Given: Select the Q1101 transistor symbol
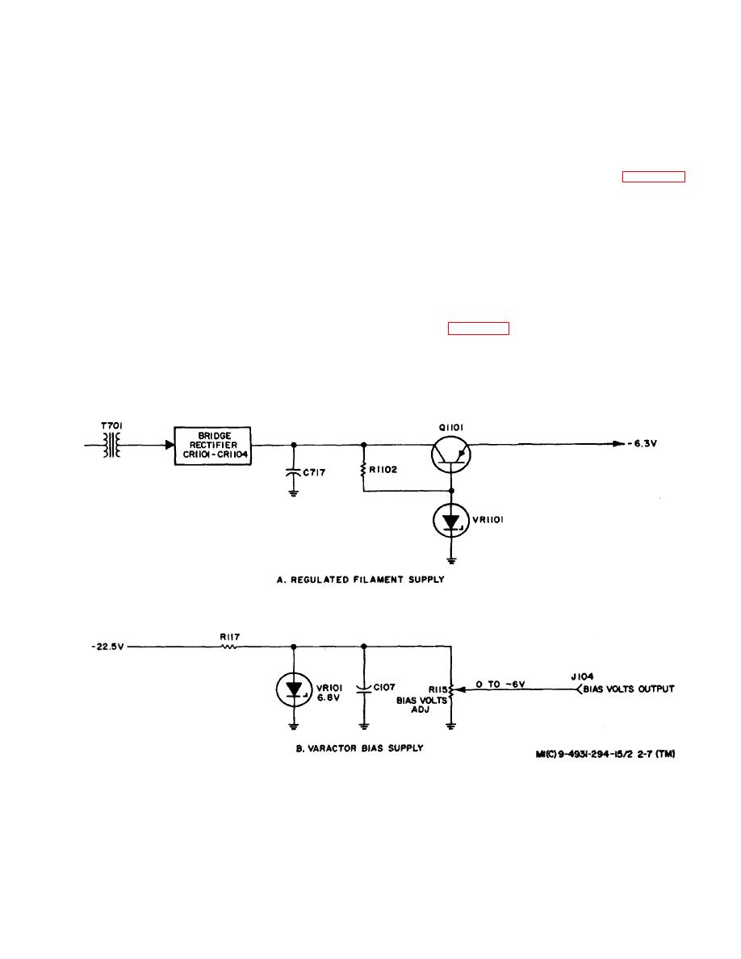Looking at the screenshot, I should coord(450,455).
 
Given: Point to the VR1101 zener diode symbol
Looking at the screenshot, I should coord(450,522).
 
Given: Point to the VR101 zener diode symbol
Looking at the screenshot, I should coord(294,689).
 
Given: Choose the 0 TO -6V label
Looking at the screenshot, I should coord(500,685).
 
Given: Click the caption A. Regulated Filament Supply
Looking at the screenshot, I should coord(360,580).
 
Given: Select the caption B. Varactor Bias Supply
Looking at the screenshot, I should coord(361,748).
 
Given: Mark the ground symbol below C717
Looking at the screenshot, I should coord(293,491).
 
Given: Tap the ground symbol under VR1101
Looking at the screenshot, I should coord(450,556).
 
